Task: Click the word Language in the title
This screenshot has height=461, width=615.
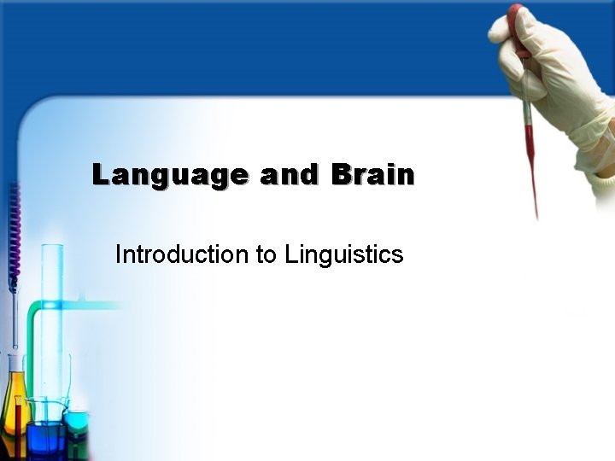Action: pyautogui.click(x=170, y=176)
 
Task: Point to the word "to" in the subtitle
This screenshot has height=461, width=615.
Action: pyautogui.click(x=266, y=254)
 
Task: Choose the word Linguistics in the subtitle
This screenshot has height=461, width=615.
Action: pyautogui.click(x=343, y=254)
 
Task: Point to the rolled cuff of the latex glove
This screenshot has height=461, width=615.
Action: pyautogui.click(x=598, y=171)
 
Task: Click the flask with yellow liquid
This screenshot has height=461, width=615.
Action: pyautogui.click(x=15, y=406)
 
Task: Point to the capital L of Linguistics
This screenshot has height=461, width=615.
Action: pyautogui.click(x=291, y=254)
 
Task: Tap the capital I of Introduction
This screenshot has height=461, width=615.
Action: pyautogui.click(x=119, y=254)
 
